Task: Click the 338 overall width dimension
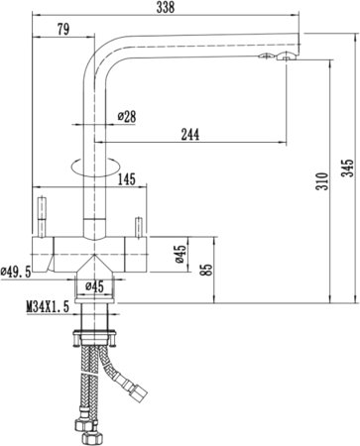coord(166,7)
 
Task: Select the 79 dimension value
coord(63,30)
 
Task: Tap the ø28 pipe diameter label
coord(127,116)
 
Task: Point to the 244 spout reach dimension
coord(190,135)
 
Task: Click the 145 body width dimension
coord(127,179)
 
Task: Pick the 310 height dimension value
coord(322,180)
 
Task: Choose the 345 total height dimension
coord(347,168)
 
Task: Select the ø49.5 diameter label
coord(16,272)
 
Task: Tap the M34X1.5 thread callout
coord(48,307)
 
